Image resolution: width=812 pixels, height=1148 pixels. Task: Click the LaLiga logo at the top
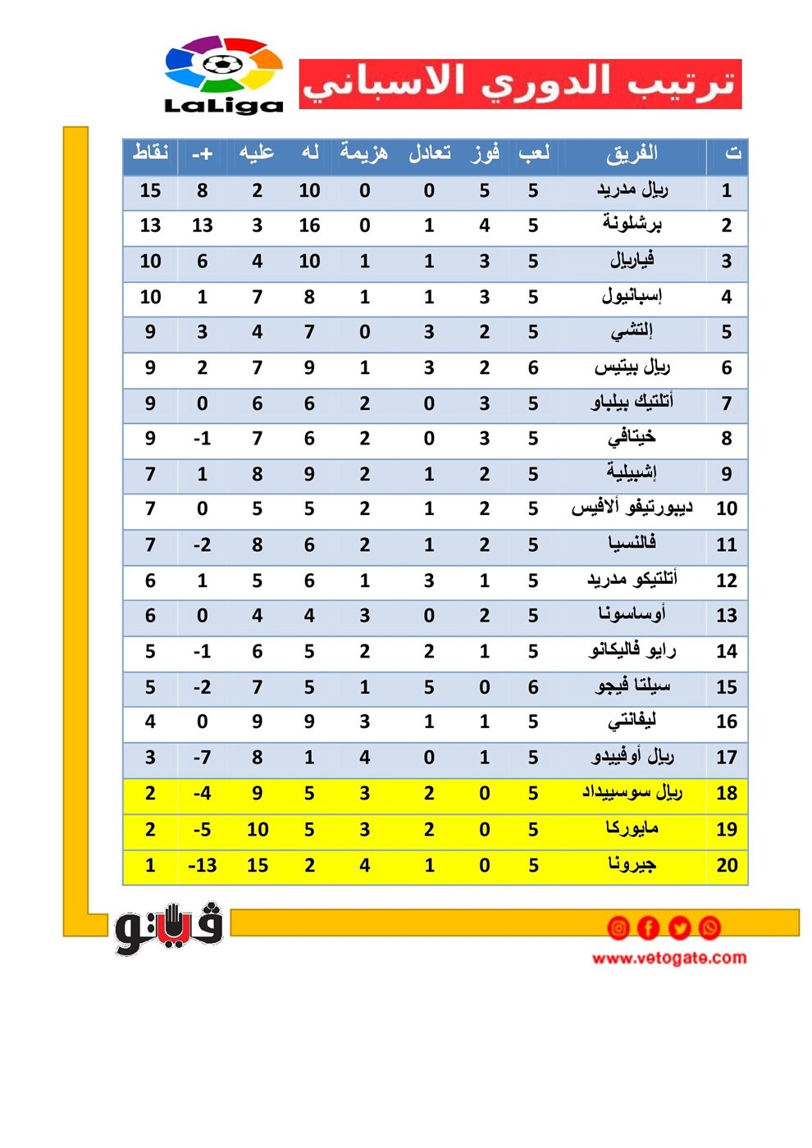coord(223,75)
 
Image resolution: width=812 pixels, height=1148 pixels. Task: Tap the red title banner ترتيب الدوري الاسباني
coord(520,84)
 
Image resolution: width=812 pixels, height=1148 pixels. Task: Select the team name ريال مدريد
coord(632,190)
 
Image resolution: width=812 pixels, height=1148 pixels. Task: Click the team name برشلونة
coord(632,225)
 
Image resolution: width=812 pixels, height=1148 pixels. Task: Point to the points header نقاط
coord(150,153)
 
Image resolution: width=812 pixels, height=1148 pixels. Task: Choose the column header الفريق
coord(632,153)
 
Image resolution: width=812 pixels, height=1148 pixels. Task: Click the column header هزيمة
coord(364,153)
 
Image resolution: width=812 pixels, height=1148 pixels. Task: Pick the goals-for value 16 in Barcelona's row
coord(309,225)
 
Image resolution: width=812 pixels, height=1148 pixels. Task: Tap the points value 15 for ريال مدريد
coord(150,190)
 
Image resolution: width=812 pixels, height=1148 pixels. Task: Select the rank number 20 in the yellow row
coord(727,865)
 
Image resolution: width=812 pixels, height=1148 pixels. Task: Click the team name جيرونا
coord(632,864)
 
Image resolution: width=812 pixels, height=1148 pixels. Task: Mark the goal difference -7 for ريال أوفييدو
coord(202,758)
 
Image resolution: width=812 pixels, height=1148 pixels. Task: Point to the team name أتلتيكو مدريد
coord(632,580)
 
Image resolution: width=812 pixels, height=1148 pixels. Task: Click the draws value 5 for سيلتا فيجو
coord(429,687)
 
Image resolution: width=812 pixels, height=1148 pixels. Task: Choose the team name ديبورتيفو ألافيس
coord(632,508)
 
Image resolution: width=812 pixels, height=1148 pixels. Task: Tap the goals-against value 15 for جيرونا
coord(258,865)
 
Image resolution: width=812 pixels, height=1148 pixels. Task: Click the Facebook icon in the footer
coord(648,927)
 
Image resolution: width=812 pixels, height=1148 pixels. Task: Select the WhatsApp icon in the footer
coord(710,927)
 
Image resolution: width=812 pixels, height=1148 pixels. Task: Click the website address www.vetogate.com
coord(669,958)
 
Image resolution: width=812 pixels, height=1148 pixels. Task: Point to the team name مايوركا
coord(632,829)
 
